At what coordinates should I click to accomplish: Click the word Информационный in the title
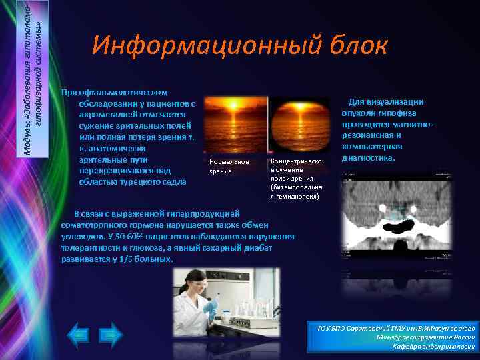[206, 46]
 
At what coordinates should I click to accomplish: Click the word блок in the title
[357, 46]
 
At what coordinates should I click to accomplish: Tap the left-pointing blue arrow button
[78, 335]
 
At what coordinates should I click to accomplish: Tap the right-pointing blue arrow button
[111, 335]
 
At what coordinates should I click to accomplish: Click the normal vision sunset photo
[235, 126]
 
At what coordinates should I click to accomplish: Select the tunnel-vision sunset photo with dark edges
[298, 126]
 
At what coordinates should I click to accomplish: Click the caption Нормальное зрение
[228, 166]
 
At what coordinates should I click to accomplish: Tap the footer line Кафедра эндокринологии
[433, 347]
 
